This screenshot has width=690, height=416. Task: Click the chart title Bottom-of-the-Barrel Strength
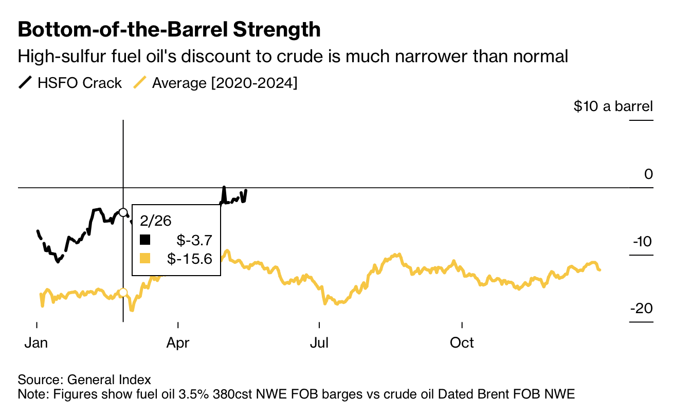click(x=169, y=30)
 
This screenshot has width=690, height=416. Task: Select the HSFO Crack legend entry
click(x=70, y=83)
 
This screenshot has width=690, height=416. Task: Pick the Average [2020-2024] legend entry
click(x=215, y=83)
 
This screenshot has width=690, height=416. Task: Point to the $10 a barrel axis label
click(x=613, y=106)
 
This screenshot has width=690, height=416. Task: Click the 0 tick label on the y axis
click(x=648, y=174)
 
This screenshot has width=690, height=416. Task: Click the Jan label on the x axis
click(x=37, y=342)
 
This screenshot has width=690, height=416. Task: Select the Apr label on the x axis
click(x=178, y=342)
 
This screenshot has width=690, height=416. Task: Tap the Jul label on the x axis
click(x=319, y=342)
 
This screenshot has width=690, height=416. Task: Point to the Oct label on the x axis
click(x=462, y=342)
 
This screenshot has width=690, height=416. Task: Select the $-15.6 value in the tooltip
click(x=190, y=258)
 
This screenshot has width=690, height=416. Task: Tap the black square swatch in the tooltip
click(x=146, y=240)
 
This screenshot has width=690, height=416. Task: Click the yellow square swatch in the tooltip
click(x=146, y=258)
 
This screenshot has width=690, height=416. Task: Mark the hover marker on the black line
click(x=123, y=212)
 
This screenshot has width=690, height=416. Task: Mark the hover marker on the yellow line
click(x=123, y=293)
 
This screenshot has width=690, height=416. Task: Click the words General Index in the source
click(x=110, y=380)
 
